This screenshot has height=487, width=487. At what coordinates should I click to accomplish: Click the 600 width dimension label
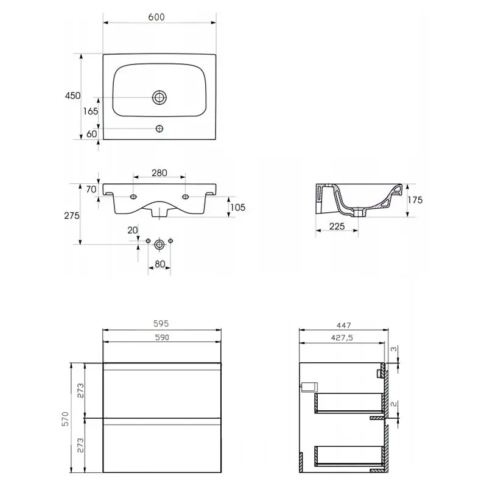coord(156,17)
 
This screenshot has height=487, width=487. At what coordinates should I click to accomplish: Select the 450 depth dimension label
coord(72,96)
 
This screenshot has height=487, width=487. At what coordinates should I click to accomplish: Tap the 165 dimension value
coord(90,111)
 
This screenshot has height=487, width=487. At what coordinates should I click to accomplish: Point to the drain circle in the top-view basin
coord(159,97)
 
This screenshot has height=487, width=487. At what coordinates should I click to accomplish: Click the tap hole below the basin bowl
coord(159,128)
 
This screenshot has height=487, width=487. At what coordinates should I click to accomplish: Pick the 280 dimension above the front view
coord(159,173)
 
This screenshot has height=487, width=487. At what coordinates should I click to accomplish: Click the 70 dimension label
coord(91,189)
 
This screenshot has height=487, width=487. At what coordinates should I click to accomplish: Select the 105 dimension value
coord(237,207)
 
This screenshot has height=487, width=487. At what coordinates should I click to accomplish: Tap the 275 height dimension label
coord(72,215)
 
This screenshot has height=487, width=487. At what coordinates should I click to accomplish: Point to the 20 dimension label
coord(133,230)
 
